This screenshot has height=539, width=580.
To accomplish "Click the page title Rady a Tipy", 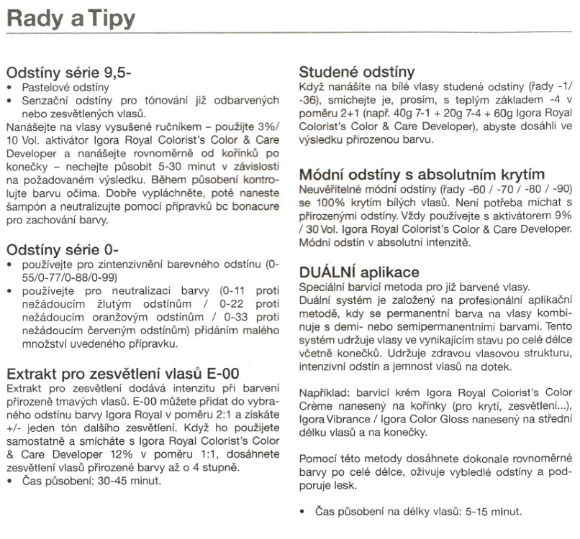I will point(69,17).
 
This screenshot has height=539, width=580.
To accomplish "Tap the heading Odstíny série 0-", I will point(61,250).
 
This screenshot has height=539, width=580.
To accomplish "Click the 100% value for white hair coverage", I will point(330,202).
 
